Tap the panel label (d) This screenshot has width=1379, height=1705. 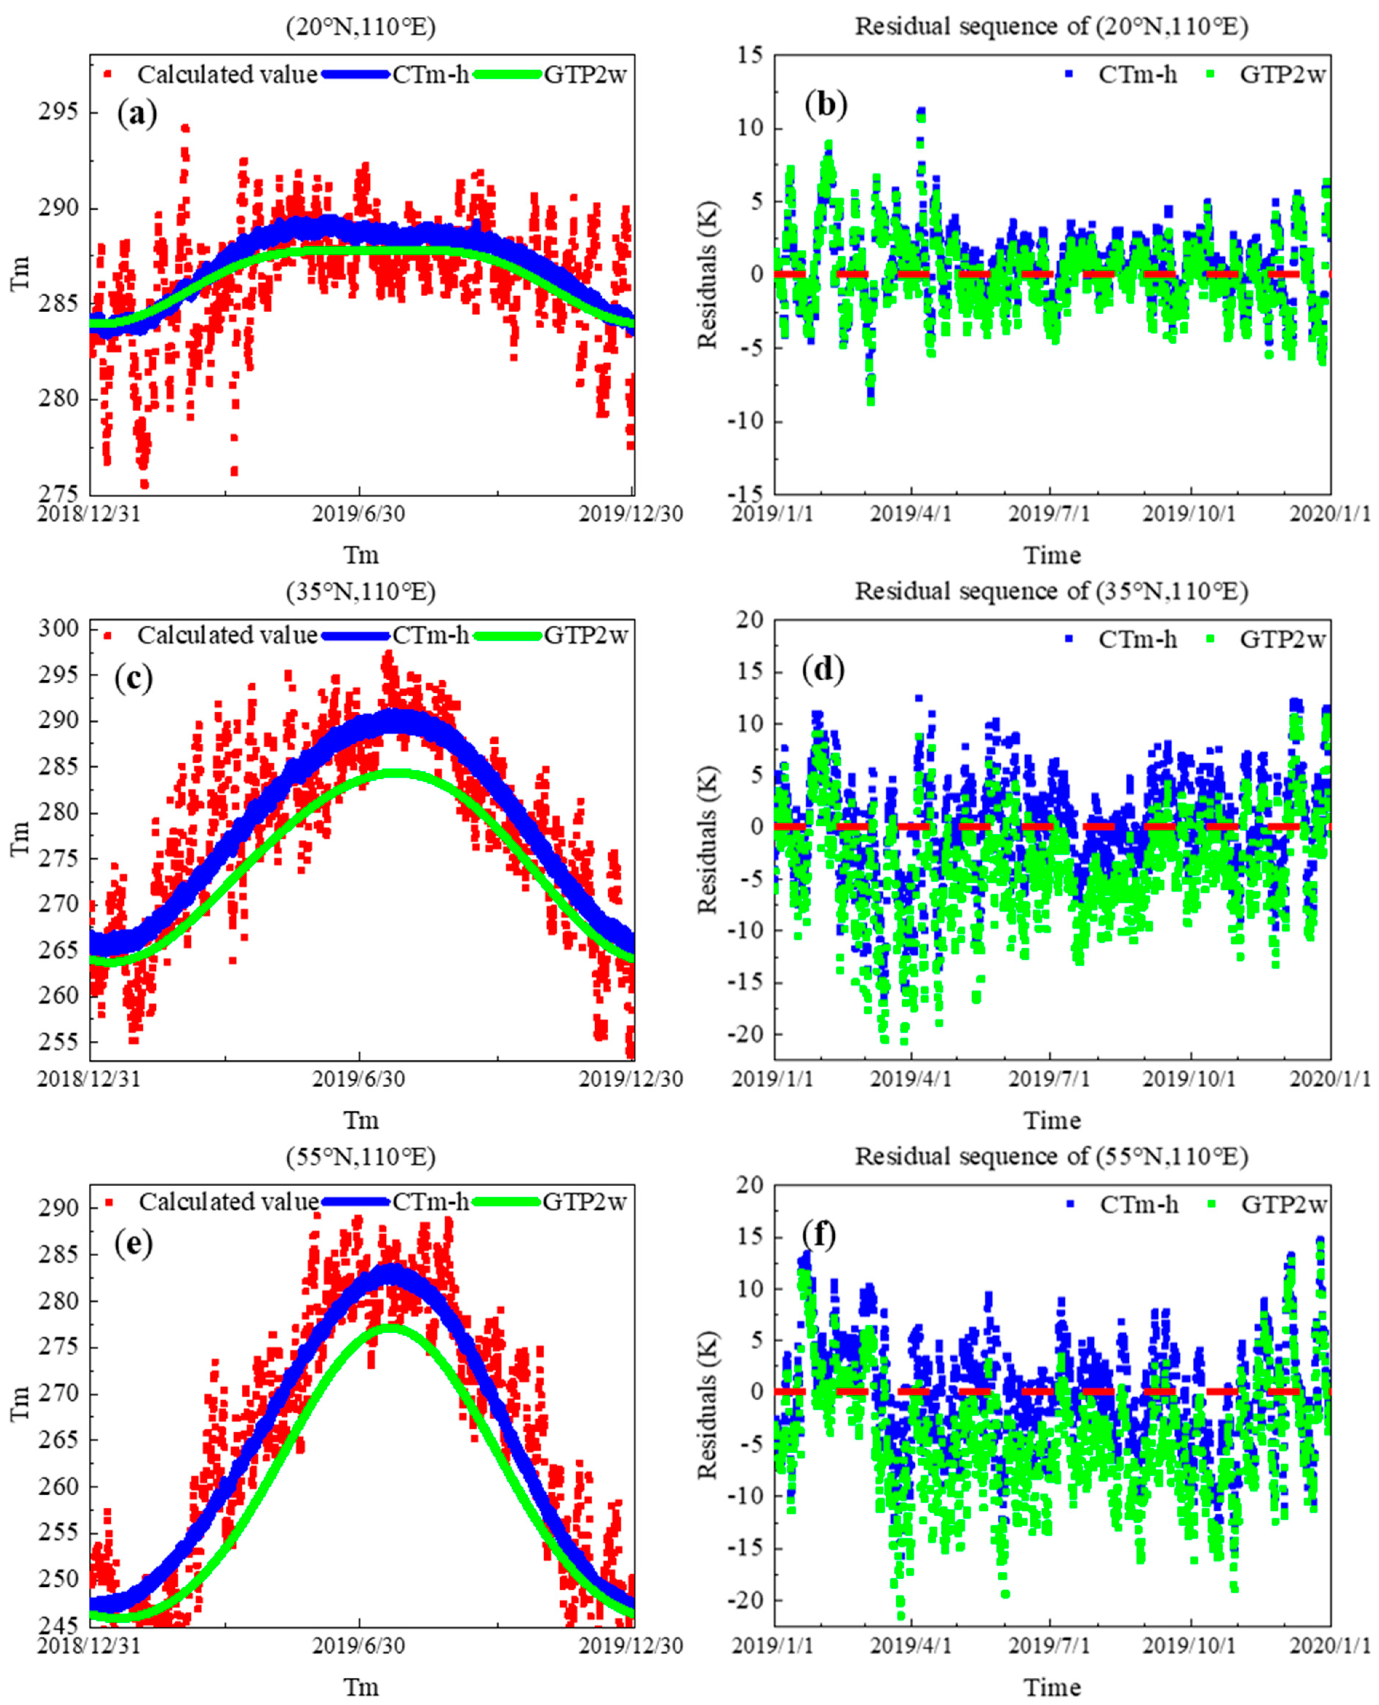pos(824,671)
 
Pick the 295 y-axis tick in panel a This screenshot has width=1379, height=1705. pos(62,112)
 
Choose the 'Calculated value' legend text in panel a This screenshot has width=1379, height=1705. pos(227,75)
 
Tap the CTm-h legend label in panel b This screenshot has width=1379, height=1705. pos(1137,75)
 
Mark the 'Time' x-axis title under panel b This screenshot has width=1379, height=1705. pos(1052,555)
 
